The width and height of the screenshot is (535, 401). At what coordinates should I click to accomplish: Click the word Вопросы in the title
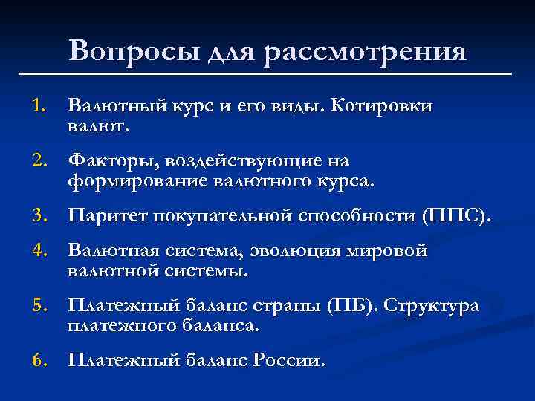[x=124, y=51]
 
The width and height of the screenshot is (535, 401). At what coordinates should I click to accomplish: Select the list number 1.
[x=39, y=107]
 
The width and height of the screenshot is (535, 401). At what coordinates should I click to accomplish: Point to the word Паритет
[x=106, y=215]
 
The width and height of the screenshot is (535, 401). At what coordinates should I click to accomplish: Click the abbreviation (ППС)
[x=455, y=215]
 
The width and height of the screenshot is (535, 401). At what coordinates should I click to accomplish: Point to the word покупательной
[x=223, y=215]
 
